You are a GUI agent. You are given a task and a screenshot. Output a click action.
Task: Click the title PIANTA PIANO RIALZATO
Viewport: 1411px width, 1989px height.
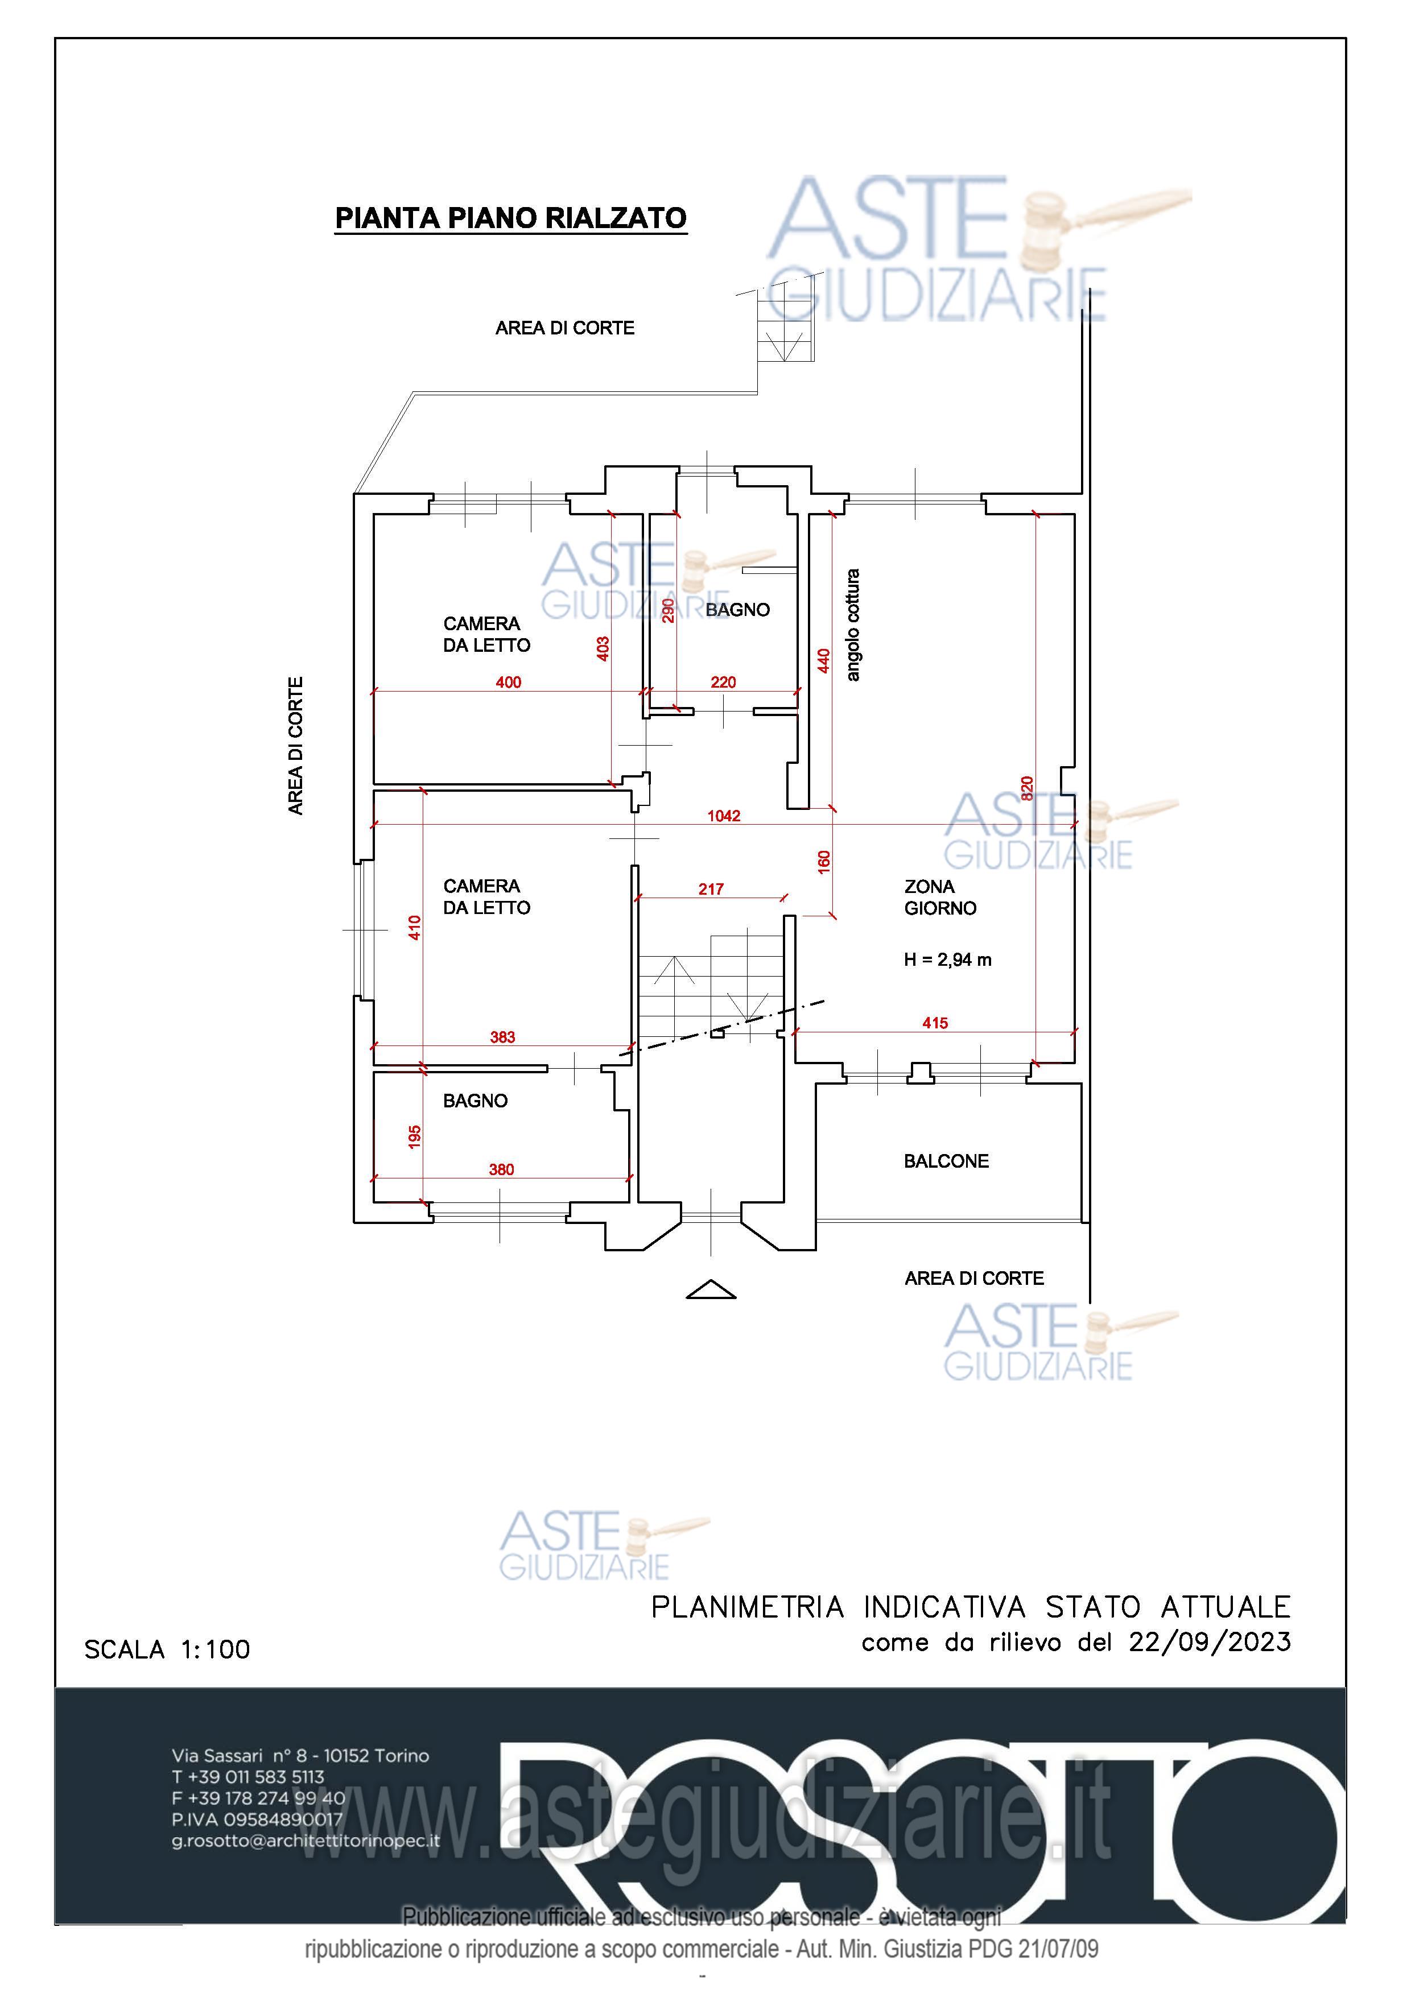[511, 218]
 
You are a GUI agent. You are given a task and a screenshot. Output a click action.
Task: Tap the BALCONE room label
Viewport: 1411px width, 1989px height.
[946, 1161]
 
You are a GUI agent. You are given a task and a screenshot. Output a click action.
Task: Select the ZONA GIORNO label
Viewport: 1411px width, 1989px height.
[940, 897]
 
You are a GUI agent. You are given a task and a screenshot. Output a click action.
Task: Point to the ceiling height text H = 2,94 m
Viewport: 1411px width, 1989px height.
[948, 960]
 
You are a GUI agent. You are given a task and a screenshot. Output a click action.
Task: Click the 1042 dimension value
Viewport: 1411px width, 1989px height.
[724, 816]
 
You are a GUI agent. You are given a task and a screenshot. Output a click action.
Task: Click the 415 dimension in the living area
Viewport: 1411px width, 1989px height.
[935, 1023]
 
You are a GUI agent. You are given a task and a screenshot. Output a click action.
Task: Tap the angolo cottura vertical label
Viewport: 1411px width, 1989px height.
[853, 625]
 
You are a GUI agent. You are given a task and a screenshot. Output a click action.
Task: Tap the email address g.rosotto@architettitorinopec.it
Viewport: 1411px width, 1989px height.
[306, 1841]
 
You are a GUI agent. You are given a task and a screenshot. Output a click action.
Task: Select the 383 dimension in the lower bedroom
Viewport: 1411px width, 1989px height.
[502, 1037]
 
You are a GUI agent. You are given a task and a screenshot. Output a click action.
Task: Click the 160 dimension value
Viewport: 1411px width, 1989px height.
[824, 862]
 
